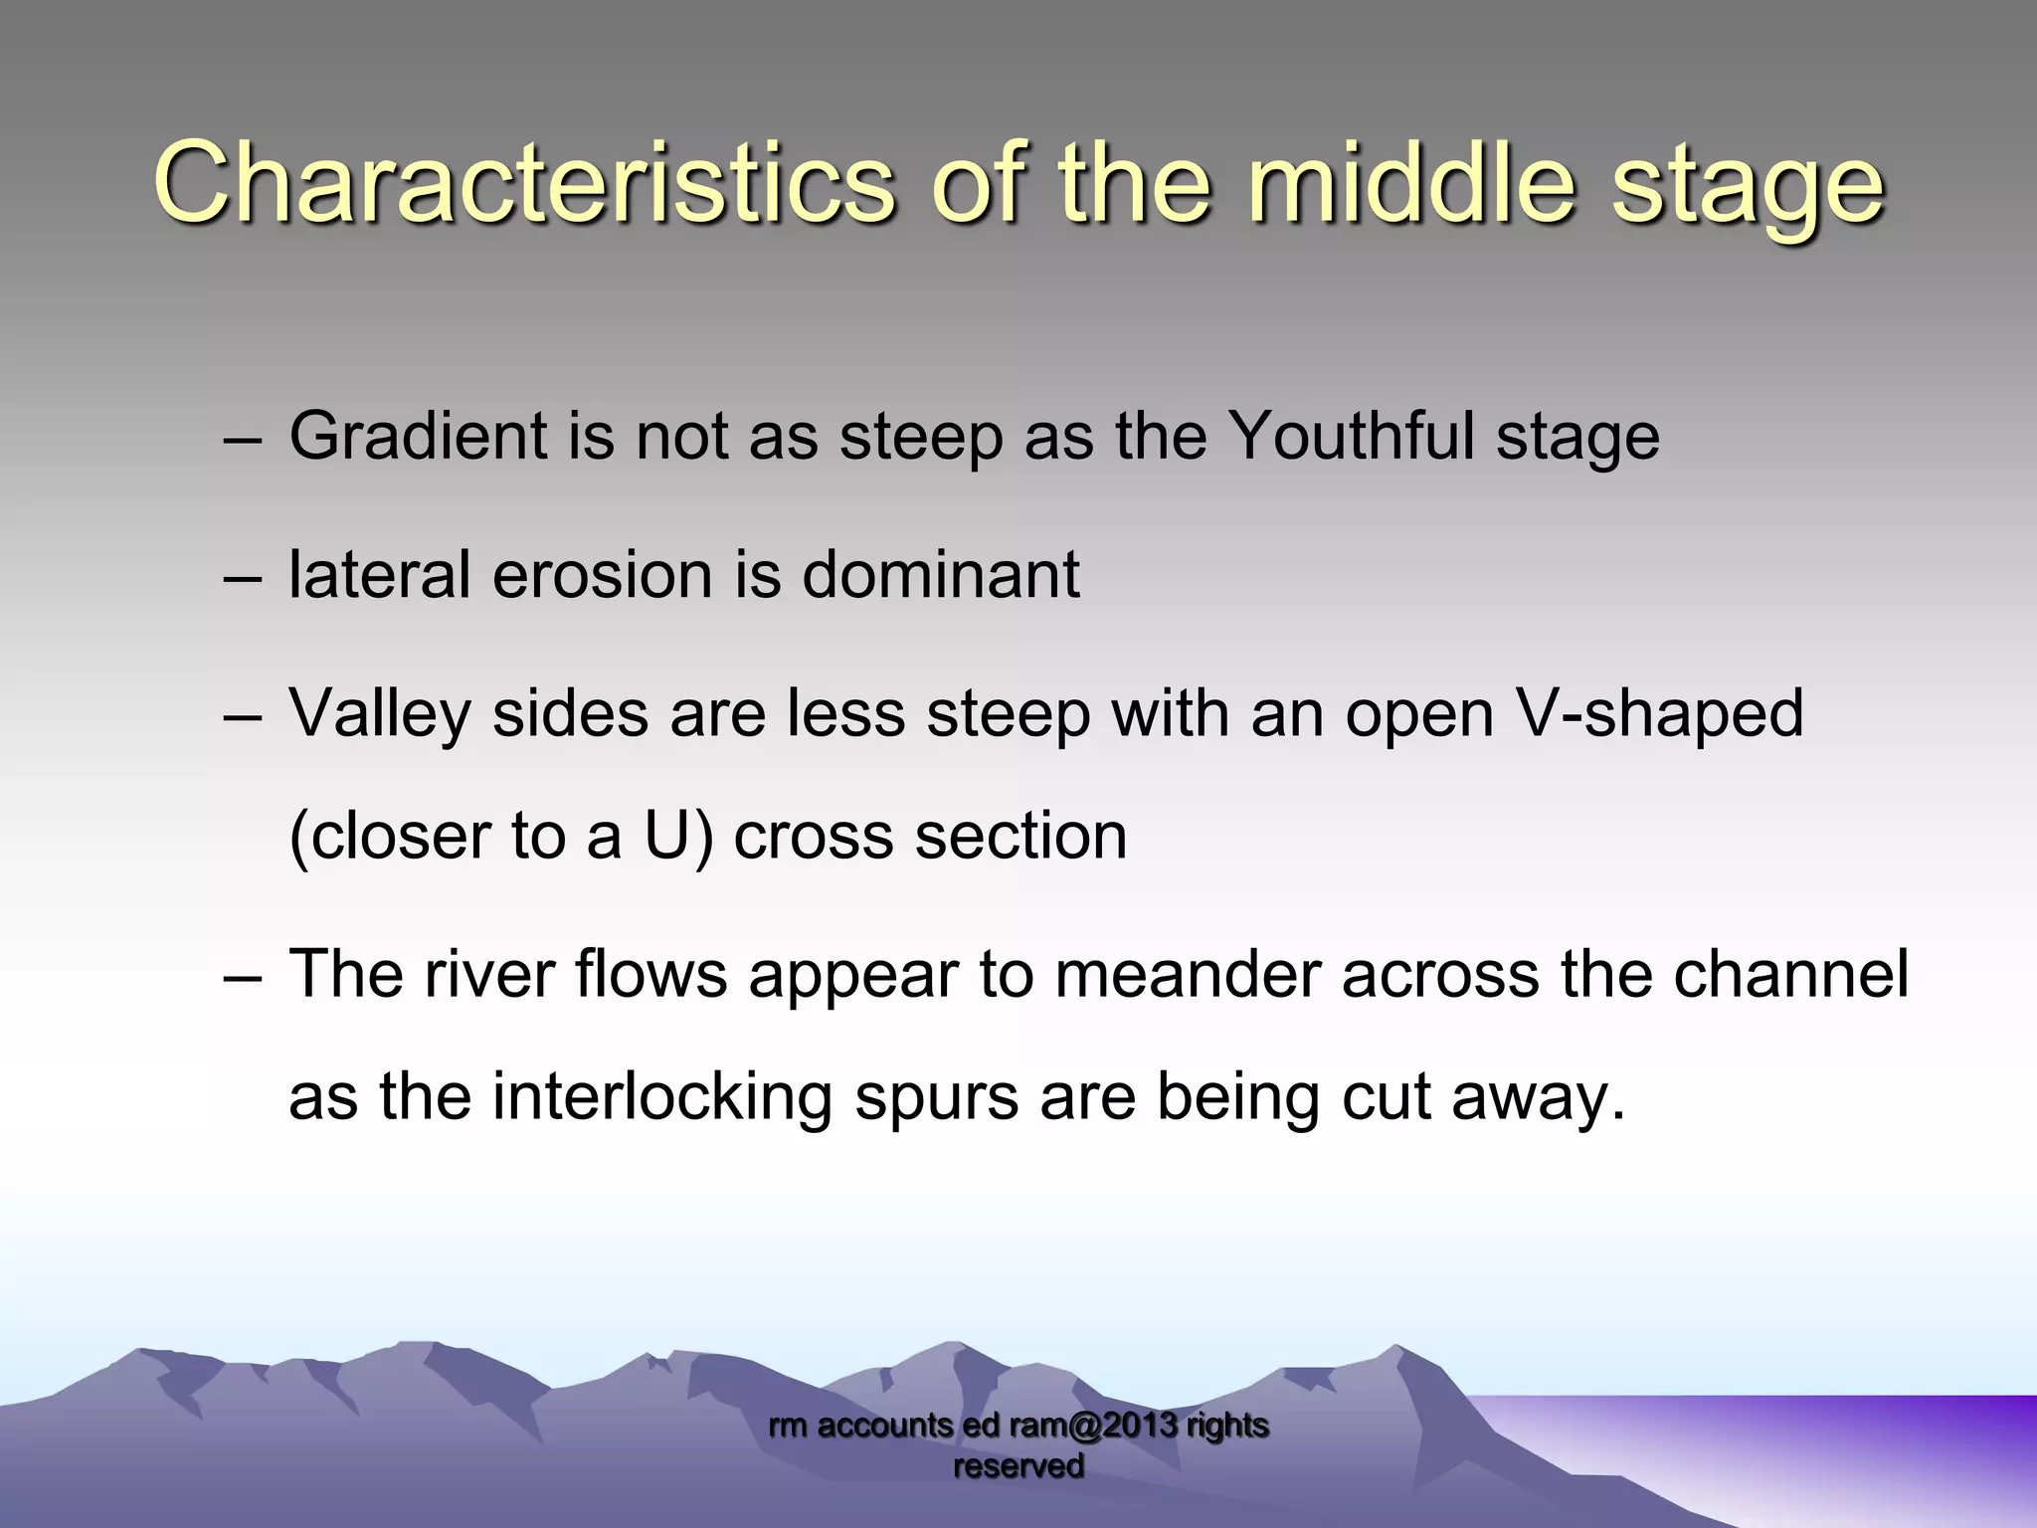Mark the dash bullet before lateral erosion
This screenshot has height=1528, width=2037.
pyautogui.click(x=242, y=577)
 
